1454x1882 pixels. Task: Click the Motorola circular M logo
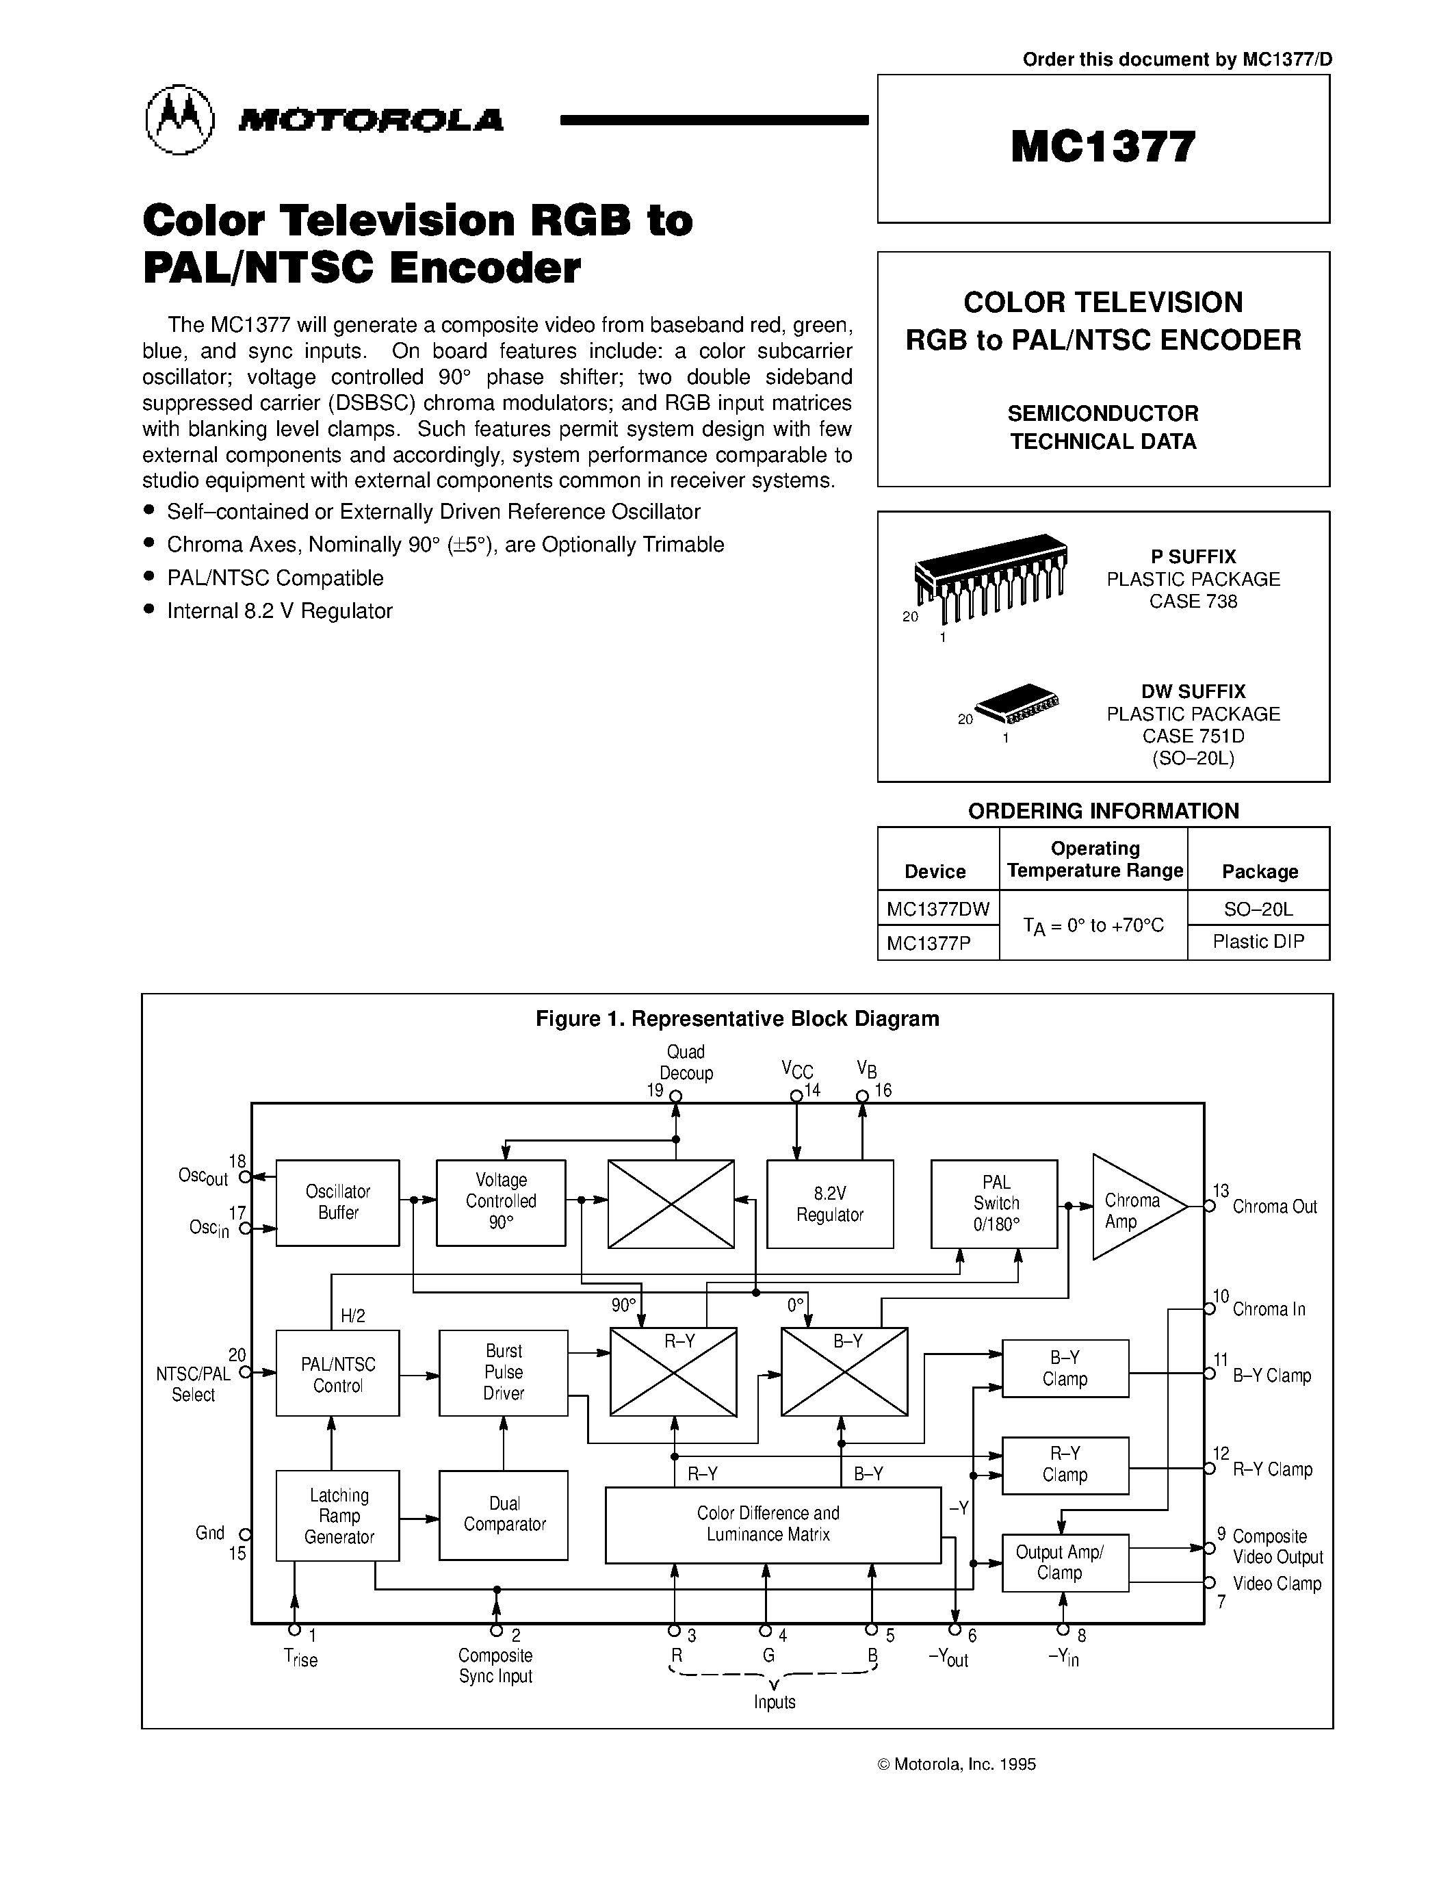pyautogui.click(x=179, y=120)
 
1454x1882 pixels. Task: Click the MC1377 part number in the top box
pyautogui.click(x=1104, y=146)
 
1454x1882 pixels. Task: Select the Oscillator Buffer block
pyautogui.click(x=337, y=1202)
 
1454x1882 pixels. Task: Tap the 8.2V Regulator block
pyautogui.click(x=829, y=1204)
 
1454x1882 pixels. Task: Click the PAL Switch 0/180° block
pyautogui.click(x=994, y=1203)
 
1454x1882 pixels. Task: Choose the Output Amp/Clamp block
pyautogui.click(x=1065, y=1562)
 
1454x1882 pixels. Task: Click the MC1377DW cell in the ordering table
pyautogui.click(x=938, y=908)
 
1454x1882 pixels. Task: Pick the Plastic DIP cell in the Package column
pyautogui.click(x=1258, y=942)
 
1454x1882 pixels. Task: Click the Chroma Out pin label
pyautogui.click(x=1274, y=1207)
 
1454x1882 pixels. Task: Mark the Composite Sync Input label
pyautogui.click(x=495, y=1666)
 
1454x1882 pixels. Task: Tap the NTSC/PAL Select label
pyautogui.click(x=193, y=1384)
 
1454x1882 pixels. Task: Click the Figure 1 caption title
pyautogui.click(x=738, y=1018)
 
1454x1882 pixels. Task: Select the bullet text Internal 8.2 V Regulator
pyautogui.click(x=279, y=611)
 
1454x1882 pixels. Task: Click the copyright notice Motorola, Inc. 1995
pyautogui.click(x=956, y=1764)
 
